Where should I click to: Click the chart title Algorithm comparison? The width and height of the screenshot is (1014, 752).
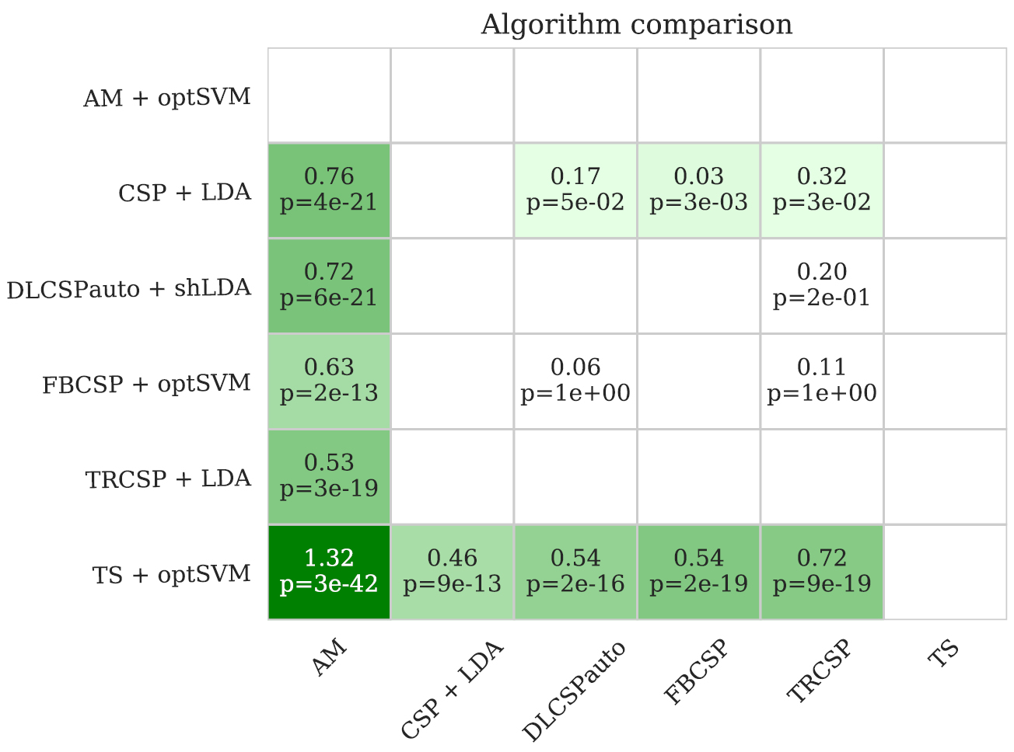[636, 25]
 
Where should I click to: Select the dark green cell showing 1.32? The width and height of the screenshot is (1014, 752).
[329, 572]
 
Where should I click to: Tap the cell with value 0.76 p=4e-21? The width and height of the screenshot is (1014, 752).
[329, 190]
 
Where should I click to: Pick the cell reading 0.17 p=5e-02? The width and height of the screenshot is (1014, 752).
[575, 190]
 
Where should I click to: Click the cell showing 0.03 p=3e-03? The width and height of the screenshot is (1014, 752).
[698, 190]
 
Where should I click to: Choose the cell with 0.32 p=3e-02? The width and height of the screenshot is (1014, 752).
[822, 190]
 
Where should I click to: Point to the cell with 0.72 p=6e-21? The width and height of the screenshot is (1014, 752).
[329, 285]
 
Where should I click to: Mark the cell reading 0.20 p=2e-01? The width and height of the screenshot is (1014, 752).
[822, 285]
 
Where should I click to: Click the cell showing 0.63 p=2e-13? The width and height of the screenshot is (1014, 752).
[329, 381]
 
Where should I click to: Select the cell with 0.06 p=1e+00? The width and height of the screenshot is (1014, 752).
[575, 381]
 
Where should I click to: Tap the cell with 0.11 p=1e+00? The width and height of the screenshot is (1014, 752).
[822, 381]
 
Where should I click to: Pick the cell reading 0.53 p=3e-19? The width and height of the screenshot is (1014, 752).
[329, 476]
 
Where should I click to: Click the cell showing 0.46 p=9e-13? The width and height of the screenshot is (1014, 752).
[452, 572]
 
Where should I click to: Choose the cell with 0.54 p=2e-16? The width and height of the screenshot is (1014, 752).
[575, 572]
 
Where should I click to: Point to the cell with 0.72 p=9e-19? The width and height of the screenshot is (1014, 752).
[822, 572]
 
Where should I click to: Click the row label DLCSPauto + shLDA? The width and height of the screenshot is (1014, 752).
[129, 289]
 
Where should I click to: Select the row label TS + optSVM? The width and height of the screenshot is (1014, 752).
[172, 575]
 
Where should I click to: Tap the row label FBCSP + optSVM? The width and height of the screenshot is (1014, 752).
[147, 384]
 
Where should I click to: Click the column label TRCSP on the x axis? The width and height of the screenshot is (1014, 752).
[820, 672]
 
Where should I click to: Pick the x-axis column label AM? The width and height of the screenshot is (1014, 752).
[330, 660]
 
